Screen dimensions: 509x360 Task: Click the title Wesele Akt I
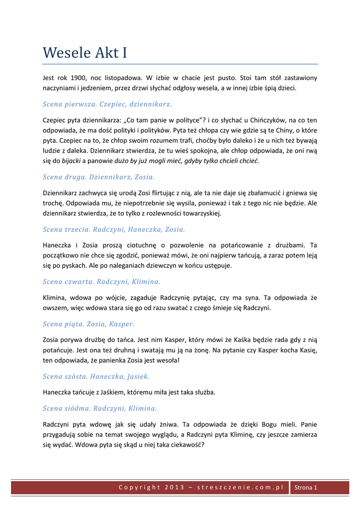click(x=85, y=52)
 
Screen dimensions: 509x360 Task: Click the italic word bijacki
click(x=71, y=161)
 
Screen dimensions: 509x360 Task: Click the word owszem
click(x=55, y=308)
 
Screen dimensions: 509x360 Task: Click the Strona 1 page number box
click(x=306, y=488)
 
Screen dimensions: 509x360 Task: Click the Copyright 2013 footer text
click(x=201, y=487)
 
